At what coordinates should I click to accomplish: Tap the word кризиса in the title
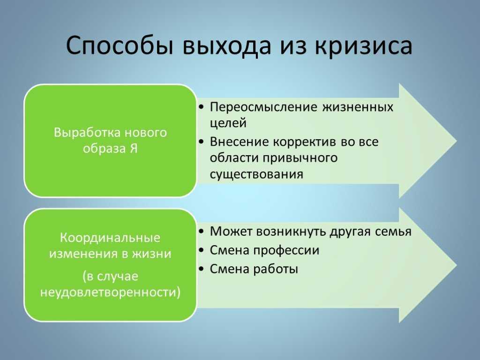pyautogui.click(x=363, y=45)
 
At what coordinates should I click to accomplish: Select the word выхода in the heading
pyautogui.click(x=227, y=46)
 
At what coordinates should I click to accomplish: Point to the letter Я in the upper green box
pyautogui.click(x=134, y=149)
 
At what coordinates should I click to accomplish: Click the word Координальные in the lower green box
pyautogui.click(x=110, y=238)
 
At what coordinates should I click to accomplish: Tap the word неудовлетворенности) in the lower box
pyautogui.click(x=111, y=292)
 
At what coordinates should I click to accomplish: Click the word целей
pyautogui.click(x=228, y=123)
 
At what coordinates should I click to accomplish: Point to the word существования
pyautogui.click(x=256, y=174)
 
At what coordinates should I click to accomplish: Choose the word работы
pyautogui.click(x=276, y=270)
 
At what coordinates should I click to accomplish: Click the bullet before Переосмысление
pyautogui.click(x=201, y=107)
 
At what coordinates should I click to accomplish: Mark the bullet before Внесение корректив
pyautogui.click(x=201, y=142)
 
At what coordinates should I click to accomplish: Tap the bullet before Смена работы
pyautogui.click(x=201, y=269)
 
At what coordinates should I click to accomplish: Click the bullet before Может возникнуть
pyautogui.click(x=201, y=232)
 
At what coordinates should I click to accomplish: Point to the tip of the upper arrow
pyautogui.click(x=457, y=141)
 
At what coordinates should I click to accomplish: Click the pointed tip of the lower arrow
pyautogui.click(x=457, y=265)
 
